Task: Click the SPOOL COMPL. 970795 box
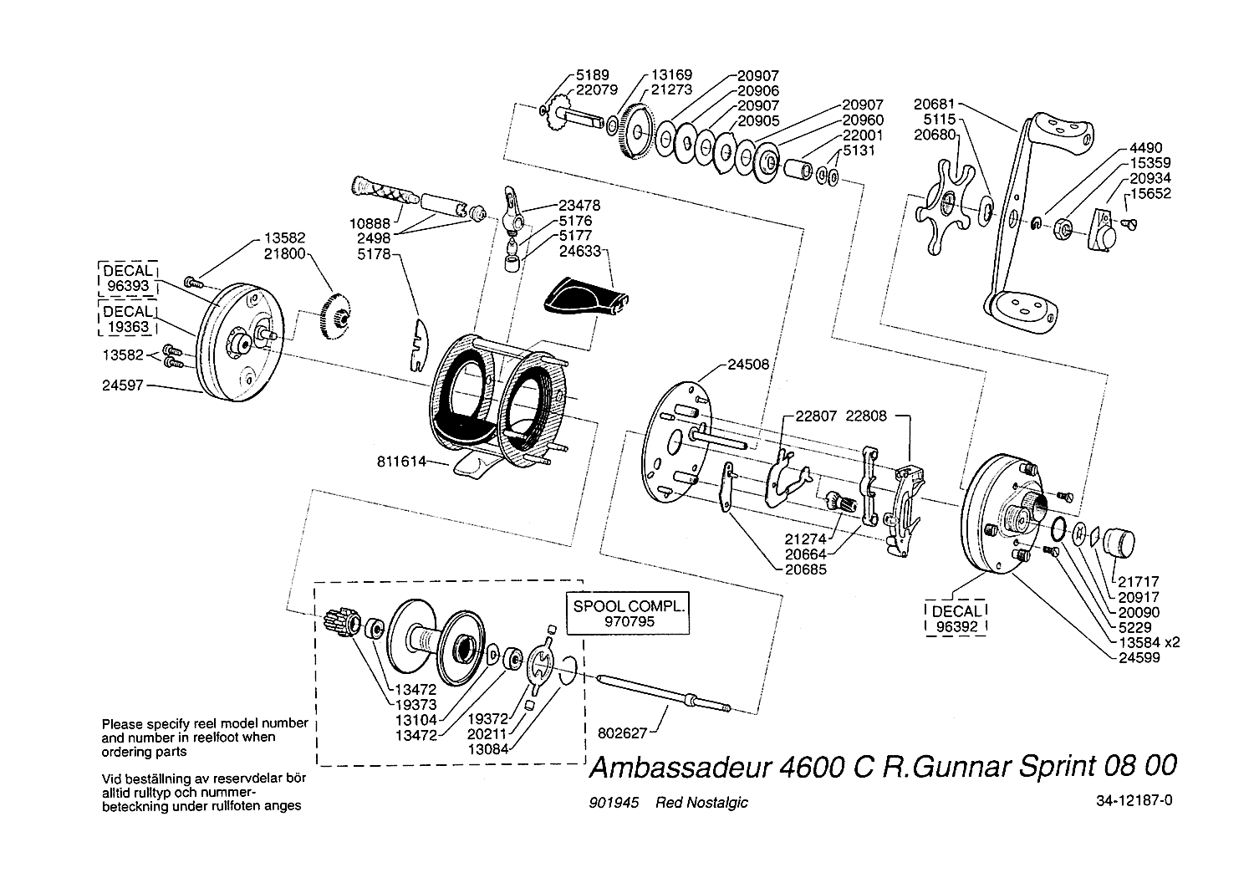pos(630,614)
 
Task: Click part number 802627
pos(623,733)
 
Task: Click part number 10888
pos(372,224)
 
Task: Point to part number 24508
pos(748,364)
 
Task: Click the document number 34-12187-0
pos(1134,799)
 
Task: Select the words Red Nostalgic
pos(701,803)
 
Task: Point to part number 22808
pos(867,416)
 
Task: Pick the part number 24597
pos(124,385)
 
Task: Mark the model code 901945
pos(614,803)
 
